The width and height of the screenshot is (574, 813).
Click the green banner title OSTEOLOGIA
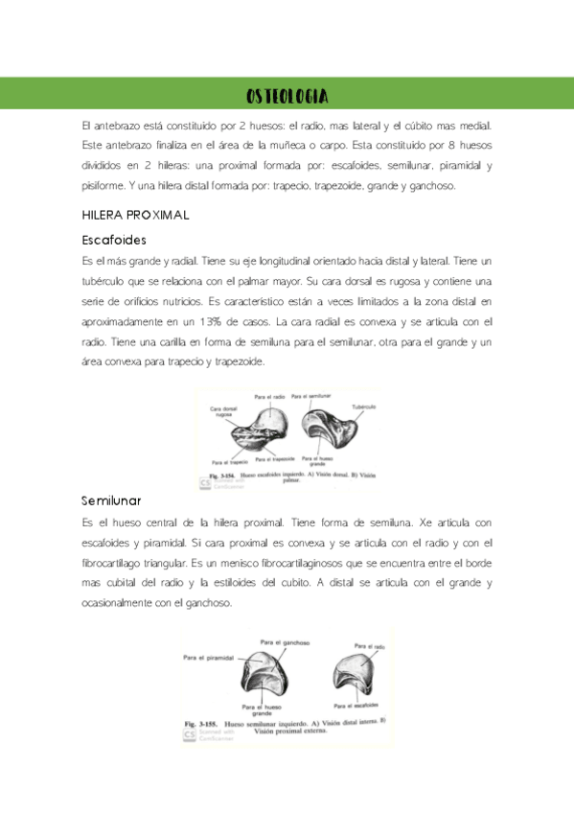pyautogui.click(x=287, y=96)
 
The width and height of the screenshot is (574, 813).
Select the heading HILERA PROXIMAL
pyautogui.click(x=136, y=215)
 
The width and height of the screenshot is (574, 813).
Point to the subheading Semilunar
pyautogui.click(x=111, y=501)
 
